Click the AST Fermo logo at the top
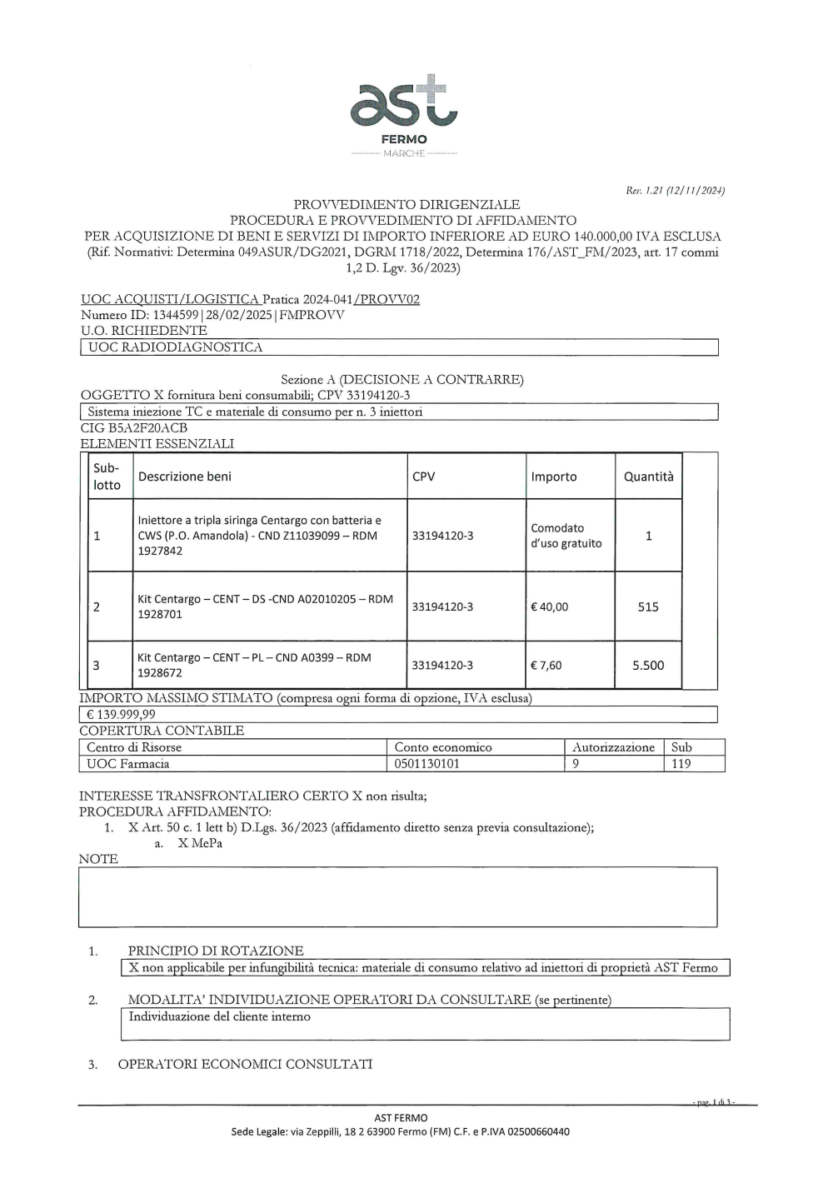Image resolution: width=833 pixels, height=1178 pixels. click(x=404, y=112)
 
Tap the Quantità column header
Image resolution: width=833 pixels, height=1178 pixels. click(x=648, y=477)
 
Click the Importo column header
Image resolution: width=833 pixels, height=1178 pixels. click(x=554, y=477)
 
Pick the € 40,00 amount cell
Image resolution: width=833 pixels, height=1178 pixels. click(x=550, y=606)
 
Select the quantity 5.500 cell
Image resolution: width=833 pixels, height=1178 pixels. click(x=648, y=665)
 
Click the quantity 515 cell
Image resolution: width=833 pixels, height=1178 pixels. click(x=648, y=606)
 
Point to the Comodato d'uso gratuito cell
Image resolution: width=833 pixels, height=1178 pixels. click(x=566, y=536)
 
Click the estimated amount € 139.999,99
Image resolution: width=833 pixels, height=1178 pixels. click(x=122, y=714)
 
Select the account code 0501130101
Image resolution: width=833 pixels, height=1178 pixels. click(x=426, y=763)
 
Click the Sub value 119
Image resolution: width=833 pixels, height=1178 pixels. click(x=681, y=763)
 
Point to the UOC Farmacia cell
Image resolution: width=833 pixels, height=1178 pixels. click(x=128, y=763)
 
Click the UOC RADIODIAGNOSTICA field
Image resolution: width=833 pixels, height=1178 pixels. click(x=176, y=347)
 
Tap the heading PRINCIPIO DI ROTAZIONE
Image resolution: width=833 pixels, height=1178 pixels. click(x=216, y=951)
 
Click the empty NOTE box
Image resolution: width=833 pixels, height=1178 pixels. click(x=397, y=897)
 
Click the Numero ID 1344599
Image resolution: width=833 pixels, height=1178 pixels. click(x=177, y=315)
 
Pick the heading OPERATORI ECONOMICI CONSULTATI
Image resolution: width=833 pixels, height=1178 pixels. click(x=245, y=1064)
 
